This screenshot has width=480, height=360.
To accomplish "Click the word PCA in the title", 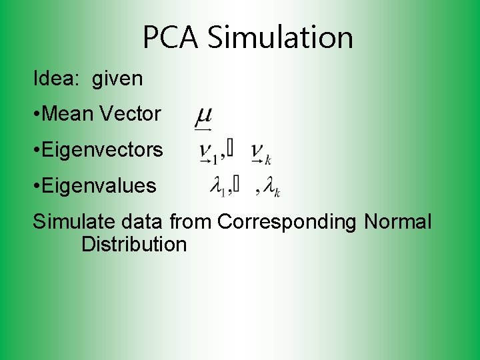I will [x=171, y=37].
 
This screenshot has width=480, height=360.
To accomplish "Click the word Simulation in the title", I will [x=280, y=37].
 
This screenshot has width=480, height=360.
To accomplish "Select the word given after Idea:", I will [x=117, y=79].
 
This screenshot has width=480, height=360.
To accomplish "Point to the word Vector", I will [x=130, y=114].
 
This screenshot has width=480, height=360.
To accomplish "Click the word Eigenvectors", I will [x=102, y=150].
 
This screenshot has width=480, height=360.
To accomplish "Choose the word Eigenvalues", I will [x=99, y=186].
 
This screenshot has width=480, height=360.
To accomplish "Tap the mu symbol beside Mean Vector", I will [x=203, y=116].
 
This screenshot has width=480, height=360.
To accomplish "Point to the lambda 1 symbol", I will [x=218, y=189].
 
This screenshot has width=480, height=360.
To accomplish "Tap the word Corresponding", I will [x=287, y=222].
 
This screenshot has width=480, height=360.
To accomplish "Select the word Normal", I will [x=398, y=222].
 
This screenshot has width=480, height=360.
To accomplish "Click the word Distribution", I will [x=134, y=244].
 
